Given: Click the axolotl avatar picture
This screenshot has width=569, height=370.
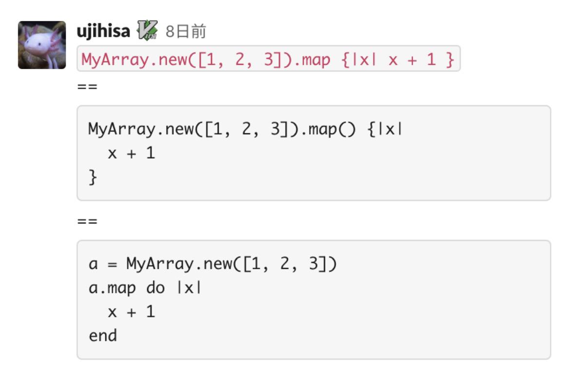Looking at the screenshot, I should (x=42, y=45).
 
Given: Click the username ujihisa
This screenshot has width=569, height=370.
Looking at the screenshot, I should (x=103, y=31).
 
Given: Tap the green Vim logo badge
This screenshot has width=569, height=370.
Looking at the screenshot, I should (x=147, y=30).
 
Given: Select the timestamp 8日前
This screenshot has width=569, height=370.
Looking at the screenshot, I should (x=186, y=32).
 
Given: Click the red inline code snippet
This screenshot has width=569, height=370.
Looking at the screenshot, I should (x=268, y=59).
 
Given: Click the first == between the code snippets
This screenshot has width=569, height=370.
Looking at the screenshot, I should (x=87, y=87).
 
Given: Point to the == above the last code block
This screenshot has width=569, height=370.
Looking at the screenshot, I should (x=87, y=222).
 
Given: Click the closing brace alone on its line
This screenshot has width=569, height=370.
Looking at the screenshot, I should (x=93, y=177).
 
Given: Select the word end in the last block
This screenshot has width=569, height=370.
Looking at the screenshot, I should (x=103, y=335).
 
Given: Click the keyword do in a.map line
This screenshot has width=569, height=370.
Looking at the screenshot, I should (x=155, y=288).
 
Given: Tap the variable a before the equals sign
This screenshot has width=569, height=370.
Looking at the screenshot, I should (x=93, y=264).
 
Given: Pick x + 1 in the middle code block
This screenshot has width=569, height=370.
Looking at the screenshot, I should (x=131, y=153).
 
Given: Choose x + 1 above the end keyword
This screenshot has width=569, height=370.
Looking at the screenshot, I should (x=131, y=312).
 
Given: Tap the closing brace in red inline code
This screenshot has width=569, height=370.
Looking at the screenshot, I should (x=450, y=60).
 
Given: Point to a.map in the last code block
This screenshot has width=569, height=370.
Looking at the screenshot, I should (x=112, y=288).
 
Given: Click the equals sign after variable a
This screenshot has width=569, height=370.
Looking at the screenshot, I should (x=113, y=264).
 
